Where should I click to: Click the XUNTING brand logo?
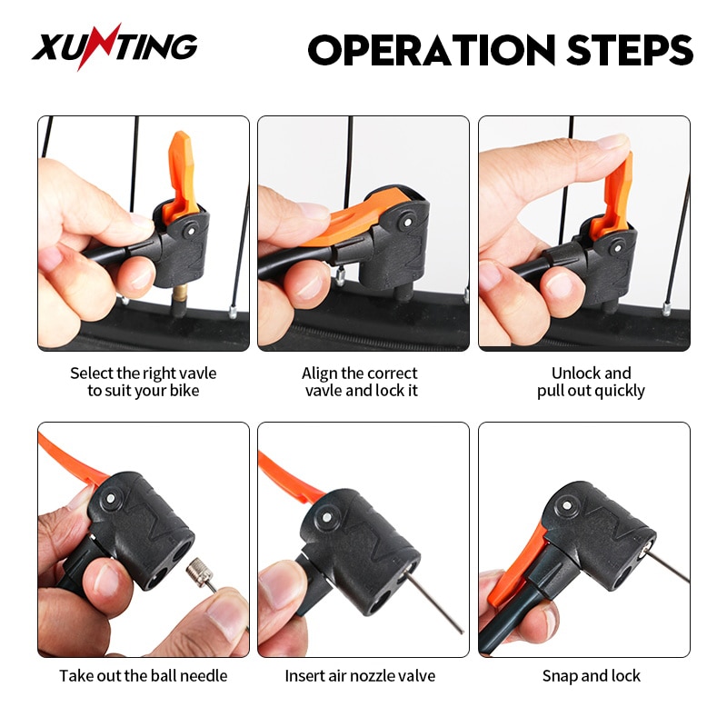[115, 47]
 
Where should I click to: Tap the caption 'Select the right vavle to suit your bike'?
[144, 382]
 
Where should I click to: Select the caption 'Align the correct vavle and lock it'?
[362, 382]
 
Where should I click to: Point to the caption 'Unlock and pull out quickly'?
[591, 382]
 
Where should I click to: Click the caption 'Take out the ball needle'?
[144, 675]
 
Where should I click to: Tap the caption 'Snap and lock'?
[591, 675]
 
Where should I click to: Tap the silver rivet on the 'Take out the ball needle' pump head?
[110, 498]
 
